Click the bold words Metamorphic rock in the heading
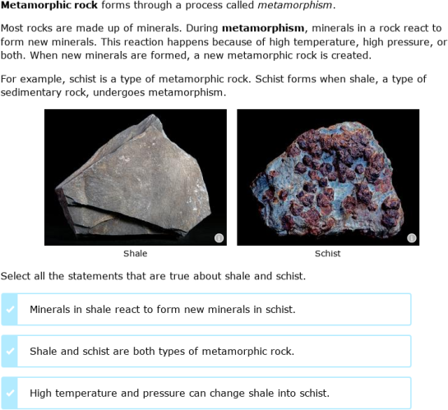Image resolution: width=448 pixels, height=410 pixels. click(x=49, y=5)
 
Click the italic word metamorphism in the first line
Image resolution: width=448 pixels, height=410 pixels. click(x=297, y=5)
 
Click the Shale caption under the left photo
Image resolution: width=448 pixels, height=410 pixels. click(x=135, y=254)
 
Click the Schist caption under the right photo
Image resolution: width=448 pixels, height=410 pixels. click(x=327, y=254)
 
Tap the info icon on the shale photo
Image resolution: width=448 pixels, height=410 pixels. click(x=219, y=238)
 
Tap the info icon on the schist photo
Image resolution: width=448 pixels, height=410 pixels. click(x=412, y=238)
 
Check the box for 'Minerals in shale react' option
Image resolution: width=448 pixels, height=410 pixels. click(x=10, y=310)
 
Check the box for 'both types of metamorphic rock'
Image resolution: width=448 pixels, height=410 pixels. click(x=10, y=351)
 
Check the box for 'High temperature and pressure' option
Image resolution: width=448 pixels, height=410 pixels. click(x=10, y=393)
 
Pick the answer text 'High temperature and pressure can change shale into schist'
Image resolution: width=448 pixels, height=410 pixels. click(x=179, y=393)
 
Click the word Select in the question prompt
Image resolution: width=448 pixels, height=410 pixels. click(x=16, y=276)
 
